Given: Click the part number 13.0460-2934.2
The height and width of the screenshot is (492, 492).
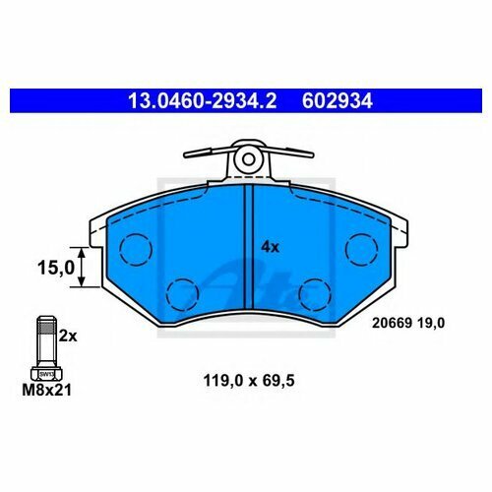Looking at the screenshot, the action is [x=203, y=100].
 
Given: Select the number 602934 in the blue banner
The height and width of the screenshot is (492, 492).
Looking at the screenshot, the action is [x=338, y=100].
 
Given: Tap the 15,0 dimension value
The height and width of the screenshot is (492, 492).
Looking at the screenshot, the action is [x=56, y=268].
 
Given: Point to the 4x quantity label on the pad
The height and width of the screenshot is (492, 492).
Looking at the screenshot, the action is [x=270, y=247].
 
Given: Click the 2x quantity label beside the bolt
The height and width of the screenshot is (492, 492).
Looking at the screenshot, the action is [x=68, y=337].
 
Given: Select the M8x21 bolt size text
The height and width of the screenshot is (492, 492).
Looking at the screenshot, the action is [x=46, y=391].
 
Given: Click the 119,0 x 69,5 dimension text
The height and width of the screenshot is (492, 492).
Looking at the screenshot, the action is [x=249, y=381].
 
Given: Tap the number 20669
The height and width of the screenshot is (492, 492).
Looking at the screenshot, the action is [x=392, y=324].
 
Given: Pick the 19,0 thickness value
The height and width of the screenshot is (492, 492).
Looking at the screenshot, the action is [x=431, y=324].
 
